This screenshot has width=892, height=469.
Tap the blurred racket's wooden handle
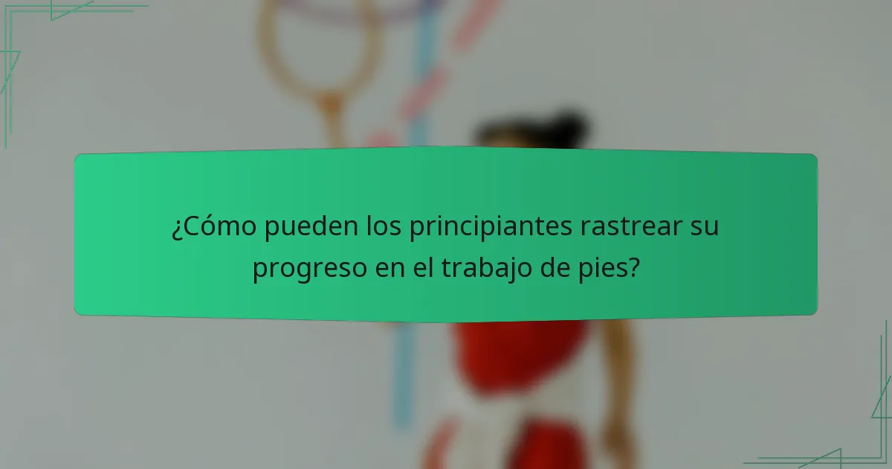[x=332, y=123]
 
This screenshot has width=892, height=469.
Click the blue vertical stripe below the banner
[x=402, y=372]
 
